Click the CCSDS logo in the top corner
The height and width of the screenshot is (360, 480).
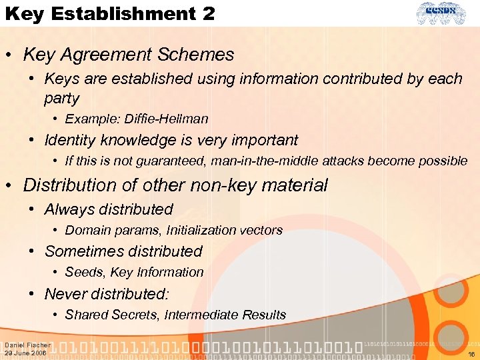pyautogui.click(x=442, y=13)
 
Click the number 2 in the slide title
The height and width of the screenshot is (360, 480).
pyautogui.click(x=205, y=13)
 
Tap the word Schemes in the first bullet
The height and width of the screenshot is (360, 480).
pyautogui.click(x=201, y=55)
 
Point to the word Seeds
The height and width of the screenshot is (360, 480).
pyautogui.click(x=83, y=273)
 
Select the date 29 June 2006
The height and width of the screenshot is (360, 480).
pyautogui.click(x=26, y=353)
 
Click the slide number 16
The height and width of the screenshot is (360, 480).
pyautogui.click(x=471, y=354)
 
